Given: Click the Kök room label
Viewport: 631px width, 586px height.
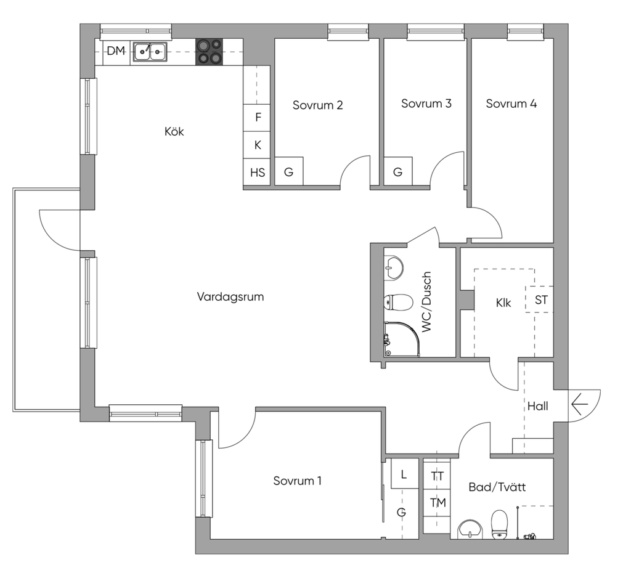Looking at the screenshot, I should (x=174, y=131).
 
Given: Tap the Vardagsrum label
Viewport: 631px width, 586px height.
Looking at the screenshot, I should (x=230, y=296).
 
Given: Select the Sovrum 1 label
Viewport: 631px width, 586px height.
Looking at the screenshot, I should (x=297, y=481).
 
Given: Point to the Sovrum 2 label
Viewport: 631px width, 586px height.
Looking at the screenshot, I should (x=317, y=105).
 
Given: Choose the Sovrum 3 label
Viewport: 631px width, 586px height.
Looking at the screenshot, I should (x=426, y=104).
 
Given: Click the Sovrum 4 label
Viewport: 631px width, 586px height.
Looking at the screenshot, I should (x=511, y=104).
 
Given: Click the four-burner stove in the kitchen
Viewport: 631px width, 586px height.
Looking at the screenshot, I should (x=209, y=52).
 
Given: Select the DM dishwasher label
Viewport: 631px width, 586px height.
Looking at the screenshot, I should (x=116, y=52).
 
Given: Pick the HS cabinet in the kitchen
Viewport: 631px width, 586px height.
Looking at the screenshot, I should (x=258, y=173).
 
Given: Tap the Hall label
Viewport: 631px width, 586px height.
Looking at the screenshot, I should (x=537, y=406).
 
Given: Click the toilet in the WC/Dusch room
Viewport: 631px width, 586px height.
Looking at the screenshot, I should (x=398, y=302).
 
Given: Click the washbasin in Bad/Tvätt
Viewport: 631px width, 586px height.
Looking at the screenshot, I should (x=471, y=529).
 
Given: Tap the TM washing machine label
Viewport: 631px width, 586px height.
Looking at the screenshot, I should (x=438, y=503).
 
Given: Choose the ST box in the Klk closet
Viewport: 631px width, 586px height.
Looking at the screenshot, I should (x=541, y=300).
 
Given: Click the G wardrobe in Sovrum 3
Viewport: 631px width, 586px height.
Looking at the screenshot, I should (x=397, y=173).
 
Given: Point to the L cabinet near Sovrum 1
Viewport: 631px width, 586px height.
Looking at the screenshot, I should (x=404, y=474).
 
